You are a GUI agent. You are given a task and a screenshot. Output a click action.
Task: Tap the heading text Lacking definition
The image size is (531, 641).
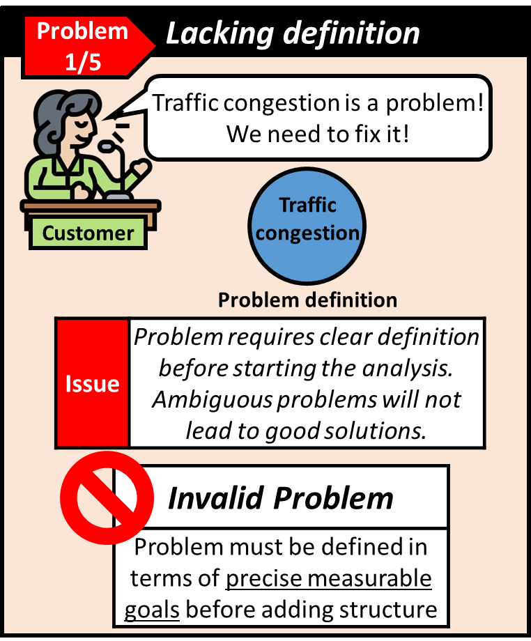pos(293,33)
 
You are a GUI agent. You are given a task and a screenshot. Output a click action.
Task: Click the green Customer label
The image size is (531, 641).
pos(88,233)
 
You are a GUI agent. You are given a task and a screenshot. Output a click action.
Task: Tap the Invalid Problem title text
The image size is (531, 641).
pos(281,498)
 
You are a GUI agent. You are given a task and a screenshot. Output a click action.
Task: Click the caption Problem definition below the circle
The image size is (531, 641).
pos(307,300)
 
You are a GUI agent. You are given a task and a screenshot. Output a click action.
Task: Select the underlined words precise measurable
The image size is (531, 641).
pos(329,579)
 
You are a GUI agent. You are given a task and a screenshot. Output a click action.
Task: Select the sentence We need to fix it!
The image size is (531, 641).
pos(317,133)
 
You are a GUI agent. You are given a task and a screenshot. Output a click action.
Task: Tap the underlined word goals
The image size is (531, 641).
pos(152,610)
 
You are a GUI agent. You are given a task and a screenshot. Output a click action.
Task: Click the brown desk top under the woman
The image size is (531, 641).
pos(91,206)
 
